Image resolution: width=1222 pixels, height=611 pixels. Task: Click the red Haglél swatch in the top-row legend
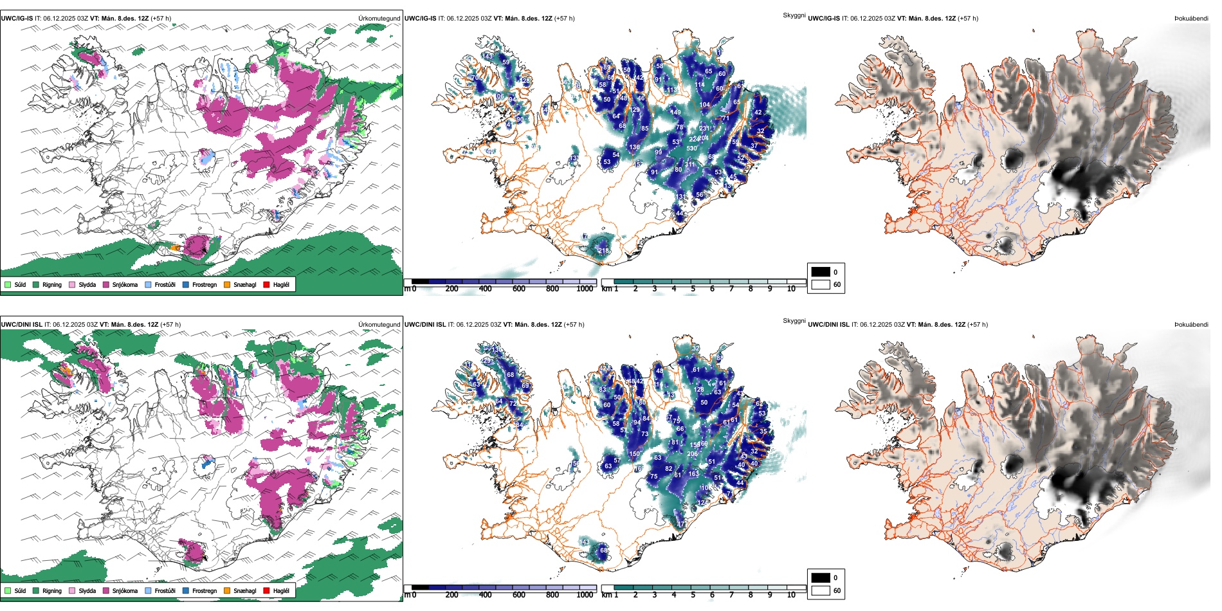(x=266, y=284)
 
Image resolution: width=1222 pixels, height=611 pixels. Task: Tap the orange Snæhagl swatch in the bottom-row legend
(x=227, y=590)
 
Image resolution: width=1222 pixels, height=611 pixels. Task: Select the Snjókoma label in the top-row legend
(x=125, y=284)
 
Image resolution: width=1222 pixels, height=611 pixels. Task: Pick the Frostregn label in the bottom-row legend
(x=205, y=590)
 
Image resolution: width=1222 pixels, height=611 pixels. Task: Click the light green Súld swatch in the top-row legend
(x=8, y=284)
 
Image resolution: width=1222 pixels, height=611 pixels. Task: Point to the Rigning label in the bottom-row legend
(x=52, y=590)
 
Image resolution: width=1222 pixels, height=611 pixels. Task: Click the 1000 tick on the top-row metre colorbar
(x=585, y=289)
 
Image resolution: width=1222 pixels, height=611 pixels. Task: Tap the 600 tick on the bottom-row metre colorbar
(x=518, y=595)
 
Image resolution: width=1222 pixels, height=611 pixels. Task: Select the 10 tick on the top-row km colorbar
(x=791, y=289)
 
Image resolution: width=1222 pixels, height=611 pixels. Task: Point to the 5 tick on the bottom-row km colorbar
(x=693, y=595)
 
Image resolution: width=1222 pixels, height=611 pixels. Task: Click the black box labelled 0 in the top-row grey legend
(x=821, y=272)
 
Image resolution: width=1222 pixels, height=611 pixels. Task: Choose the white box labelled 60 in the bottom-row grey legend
(x=821, y=590)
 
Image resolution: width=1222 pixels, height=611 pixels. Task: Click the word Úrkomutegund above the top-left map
(x=379, y=18)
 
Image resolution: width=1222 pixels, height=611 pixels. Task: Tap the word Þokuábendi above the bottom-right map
(x=1191, y=324)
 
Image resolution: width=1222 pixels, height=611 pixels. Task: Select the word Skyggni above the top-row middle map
(x=794, y=15)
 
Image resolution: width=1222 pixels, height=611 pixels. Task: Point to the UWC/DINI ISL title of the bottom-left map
(x=21, y=324)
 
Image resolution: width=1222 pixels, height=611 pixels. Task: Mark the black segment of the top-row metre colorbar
(x=420, y=281)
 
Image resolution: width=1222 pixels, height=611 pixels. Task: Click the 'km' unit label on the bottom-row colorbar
(x=606, y=595)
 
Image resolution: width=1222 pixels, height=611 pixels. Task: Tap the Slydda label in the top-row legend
(x=87, y=284)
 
